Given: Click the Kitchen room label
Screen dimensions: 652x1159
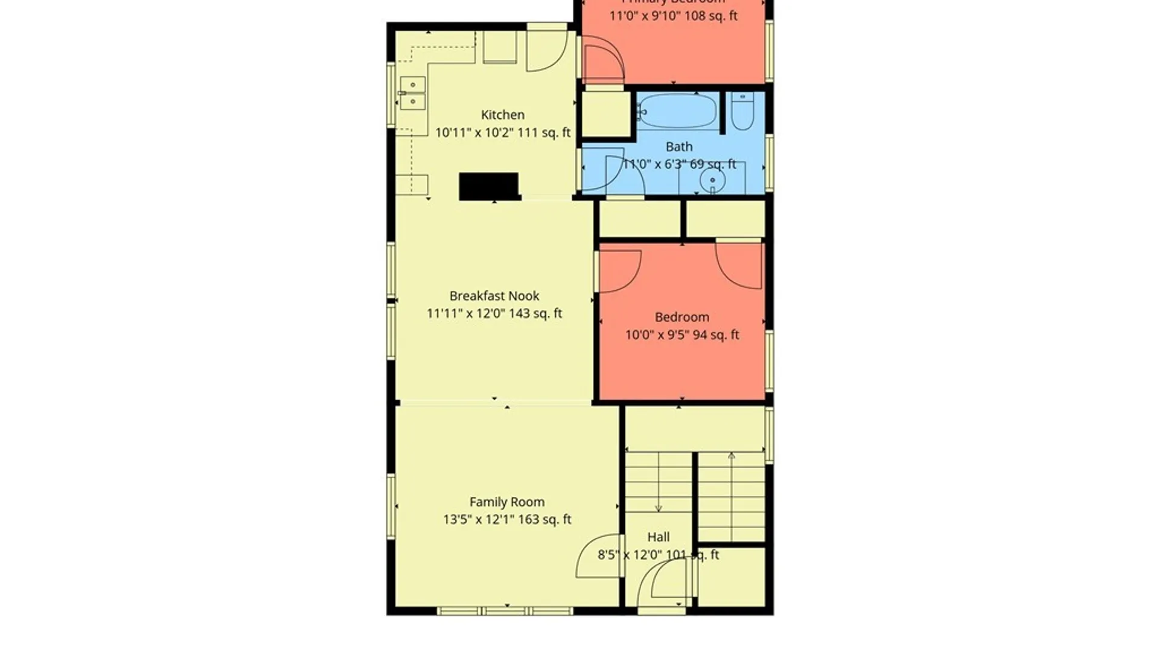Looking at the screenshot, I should pos(502,115).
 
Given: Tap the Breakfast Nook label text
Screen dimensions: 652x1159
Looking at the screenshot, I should pos(494,296).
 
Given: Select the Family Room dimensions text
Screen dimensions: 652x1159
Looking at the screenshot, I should pos(506,519).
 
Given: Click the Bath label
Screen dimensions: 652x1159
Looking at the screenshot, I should pos(678,147).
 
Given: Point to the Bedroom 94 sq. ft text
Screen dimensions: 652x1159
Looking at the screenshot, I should pos(682,334).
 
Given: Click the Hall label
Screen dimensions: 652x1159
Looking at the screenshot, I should pos(658,537).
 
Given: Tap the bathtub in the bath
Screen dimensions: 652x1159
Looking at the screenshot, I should pos(677,111).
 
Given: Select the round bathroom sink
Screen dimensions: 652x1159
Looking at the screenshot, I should pos(712,181).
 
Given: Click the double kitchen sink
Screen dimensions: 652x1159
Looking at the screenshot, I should pos(412,93).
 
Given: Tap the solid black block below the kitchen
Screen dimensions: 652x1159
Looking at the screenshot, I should pos(488,186).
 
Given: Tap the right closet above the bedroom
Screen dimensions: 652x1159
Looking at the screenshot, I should pos(726,219).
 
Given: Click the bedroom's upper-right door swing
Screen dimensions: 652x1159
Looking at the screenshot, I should pos(739,266).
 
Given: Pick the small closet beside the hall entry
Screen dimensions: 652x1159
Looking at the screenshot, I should pos(731,577).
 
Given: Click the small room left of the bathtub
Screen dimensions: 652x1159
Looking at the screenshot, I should pos(605,114).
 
